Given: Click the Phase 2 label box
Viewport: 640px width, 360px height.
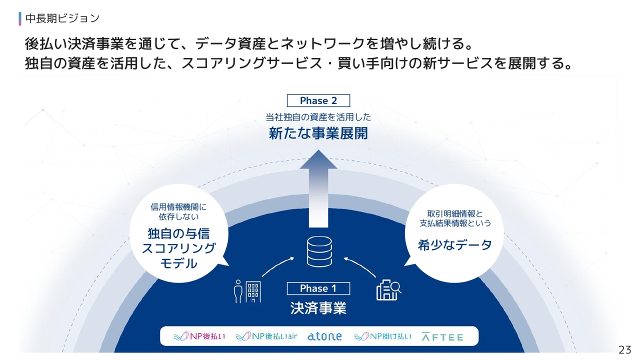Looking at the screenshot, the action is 318,100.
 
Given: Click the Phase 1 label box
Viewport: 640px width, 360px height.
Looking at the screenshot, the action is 318,288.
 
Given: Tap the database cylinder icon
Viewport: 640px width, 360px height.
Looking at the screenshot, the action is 319,251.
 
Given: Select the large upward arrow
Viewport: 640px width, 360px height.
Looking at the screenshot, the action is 318,188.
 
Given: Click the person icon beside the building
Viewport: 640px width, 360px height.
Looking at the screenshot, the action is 238,291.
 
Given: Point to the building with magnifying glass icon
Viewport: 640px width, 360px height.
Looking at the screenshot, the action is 388,290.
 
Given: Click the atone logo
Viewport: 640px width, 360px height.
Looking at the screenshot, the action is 324,336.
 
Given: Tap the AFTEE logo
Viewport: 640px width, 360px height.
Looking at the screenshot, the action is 442,337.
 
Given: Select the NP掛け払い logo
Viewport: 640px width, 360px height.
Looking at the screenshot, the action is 383,336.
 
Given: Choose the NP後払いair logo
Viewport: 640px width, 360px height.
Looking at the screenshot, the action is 266,336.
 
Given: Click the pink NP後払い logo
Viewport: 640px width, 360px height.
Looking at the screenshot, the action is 199,336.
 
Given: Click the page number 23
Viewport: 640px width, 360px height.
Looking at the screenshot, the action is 625,349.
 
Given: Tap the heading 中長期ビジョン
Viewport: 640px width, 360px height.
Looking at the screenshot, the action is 62,18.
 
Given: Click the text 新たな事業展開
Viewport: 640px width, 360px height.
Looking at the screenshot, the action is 318,133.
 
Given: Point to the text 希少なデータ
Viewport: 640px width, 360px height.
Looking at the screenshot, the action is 454,245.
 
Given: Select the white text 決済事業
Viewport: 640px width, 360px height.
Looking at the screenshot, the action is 318,308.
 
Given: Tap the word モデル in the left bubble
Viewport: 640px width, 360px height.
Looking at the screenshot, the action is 179,263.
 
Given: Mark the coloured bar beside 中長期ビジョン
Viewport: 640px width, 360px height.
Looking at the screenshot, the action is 20,18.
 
